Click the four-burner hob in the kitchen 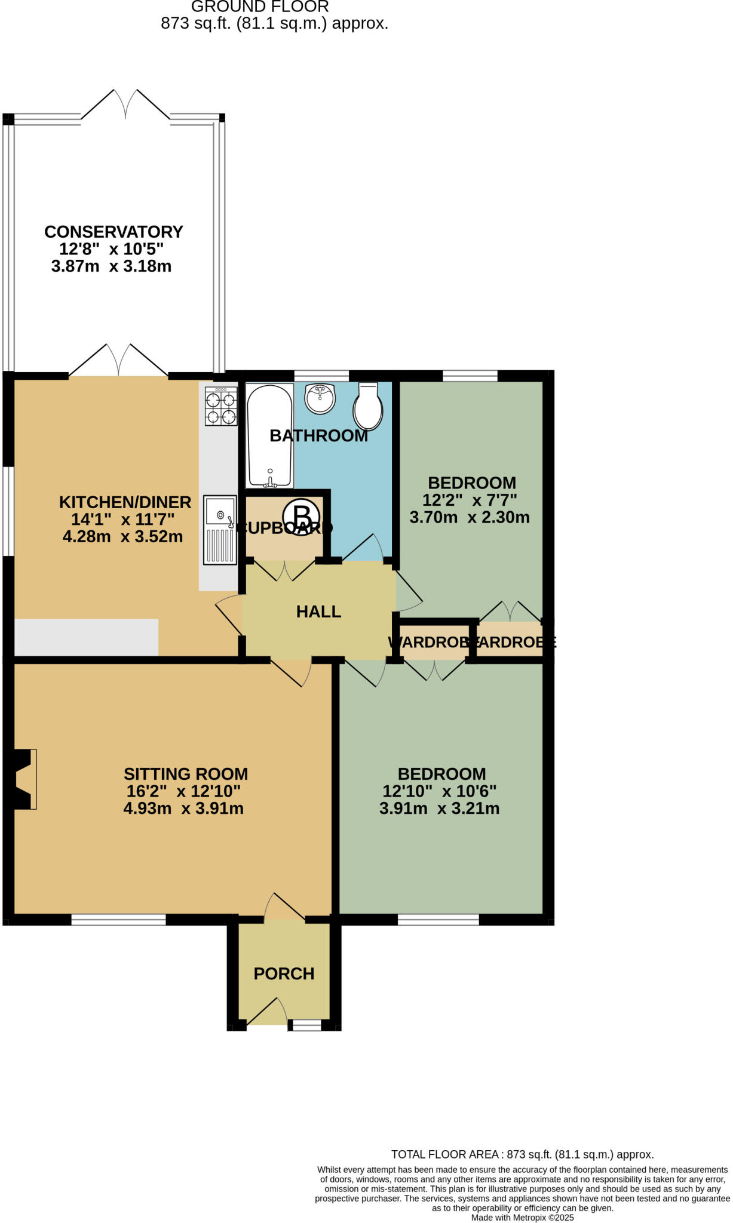tap(221, 406)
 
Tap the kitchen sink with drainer tap(220, 530)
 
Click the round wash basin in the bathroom tap(320, 398)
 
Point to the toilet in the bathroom tap(368, 407)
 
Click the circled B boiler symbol tap(301, 517)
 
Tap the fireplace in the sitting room tap(24, 779)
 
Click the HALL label tap(318, 611)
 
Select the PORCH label tap(284, 974)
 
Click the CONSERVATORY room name tap(114, 232)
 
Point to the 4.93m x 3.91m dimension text tap(183, 809)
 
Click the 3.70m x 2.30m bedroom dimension tap(470, 517)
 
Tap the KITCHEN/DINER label tap(125, 502)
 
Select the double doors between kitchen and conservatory tap(118, 361)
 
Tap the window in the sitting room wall tap(118, 920)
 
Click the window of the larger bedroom tap(438, 920)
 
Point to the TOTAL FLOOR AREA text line tap(522, 1155)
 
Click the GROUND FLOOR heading tap(260, 7)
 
